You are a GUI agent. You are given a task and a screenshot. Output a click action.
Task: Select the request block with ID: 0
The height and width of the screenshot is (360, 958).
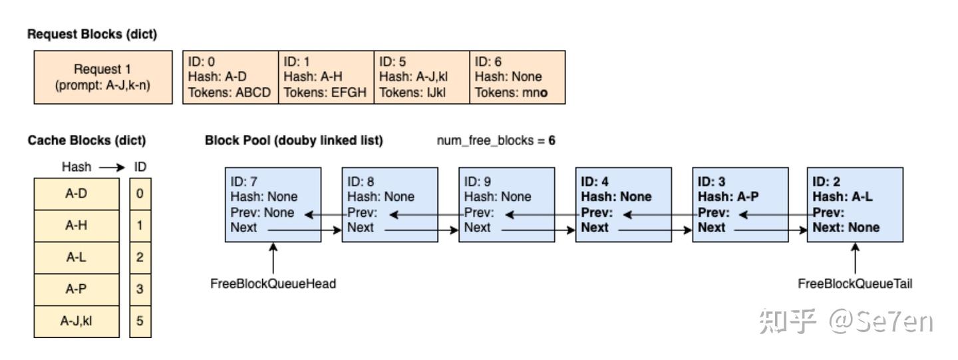(230, 77)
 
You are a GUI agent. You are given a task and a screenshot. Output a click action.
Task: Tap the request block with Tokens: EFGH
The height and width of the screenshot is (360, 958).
(325, 77)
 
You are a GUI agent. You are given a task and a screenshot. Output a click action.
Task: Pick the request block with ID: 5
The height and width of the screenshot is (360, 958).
(421, 77)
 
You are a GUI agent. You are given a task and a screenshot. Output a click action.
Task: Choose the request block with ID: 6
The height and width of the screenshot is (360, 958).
(517, 77)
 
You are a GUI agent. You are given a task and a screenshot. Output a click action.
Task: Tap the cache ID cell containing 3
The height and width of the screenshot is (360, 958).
(140, 289)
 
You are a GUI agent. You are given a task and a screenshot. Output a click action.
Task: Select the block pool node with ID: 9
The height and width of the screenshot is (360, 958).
(506, 205)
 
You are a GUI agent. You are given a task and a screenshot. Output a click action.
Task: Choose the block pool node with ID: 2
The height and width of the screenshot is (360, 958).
(855, 205)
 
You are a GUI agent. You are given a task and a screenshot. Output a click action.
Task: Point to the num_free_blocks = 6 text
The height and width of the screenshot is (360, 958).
(496, 142)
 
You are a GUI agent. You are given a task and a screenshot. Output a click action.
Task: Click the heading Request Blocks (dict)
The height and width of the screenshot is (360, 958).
(92, 35)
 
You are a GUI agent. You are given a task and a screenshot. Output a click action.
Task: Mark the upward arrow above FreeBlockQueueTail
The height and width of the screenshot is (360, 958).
(855, 257)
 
